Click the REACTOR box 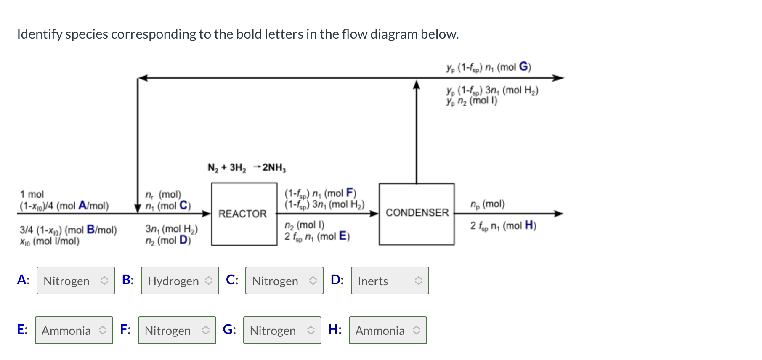(x=244, y=214)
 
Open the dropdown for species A (x=76, y=281)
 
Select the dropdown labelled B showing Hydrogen (x=180, y=281)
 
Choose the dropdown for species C (x=284, y=281)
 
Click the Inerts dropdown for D (x=390, y=281)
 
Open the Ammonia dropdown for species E (x=74, y=330)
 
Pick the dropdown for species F (x=177, y=330)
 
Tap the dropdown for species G (x=282, y=330)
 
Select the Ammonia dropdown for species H (x=388, y=330)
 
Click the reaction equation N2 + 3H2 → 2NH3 (x=247, y=168)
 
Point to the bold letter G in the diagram (x=523, y=66)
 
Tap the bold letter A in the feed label (x=82, y=206)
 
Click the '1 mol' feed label (x=32, y=194)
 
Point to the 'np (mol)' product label (x=487, y=204)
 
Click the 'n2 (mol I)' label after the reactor (x=304, y=225)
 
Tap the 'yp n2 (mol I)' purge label (x=472, y=101)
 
